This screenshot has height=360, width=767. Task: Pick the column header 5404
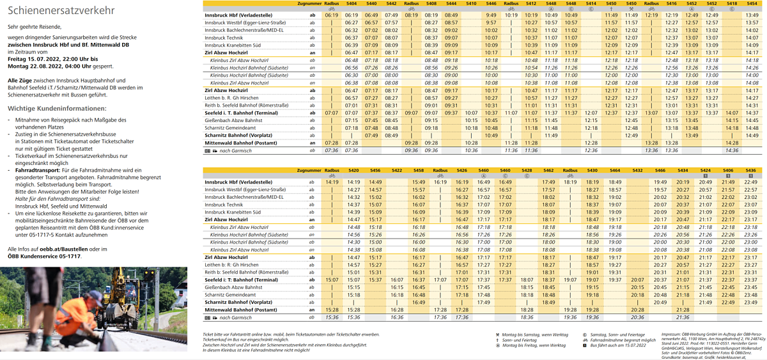click(351, 4)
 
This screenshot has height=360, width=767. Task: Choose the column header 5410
click(471, 4)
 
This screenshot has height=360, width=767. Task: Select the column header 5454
click(752, 4)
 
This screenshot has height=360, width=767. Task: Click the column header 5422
click(397, 171)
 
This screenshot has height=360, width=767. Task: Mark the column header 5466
click(660, 171)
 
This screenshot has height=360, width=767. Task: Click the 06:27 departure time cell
click(351, 22)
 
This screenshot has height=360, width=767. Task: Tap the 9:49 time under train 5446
click(491, 15)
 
